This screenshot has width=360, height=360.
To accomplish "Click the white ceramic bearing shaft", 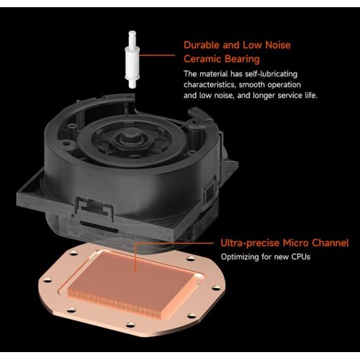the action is [x=132, y=59].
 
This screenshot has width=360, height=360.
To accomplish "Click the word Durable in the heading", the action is [x=202, y=45].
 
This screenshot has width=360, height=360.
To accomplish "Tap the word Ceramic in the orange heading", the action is [x=202, y=59].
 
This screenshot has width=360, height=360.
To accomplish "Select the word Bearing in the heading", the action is [x=242, y=60].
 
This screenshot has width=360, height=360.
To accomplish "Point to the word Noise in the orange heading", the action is [x=278, y=45].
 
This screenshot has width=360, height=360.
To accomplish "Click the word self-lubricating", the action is [x=271, y=74].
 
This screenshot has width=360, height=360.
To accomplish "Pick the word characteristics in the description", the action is [x=210, y=85].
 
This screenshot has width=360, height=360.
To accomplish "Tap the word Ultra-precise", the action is [x=250, y=243].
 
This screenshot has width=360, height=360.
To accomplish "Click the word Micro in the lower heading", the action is [x=295, y=243].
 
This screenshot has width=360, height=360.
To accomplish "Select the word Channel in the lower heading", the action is [x=330, y=243].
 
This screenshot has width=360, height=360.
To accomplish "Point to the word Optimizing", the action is [x=240, y=257].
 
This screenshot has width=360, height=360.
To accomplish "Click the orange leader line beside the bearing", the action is [x=157, y=55].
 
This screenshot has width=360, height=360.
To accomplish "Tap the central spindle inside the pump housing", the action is [x=130, y=136].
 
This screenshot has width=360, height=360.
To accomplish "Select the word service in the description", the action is [x=290, y=96].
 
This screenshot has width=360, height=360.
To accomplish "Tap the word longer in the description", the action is [x=263, y=96].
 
